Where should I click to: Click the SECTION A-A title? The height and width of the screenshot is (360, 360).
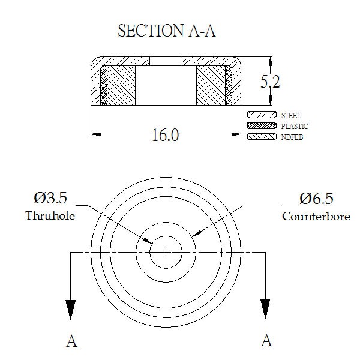coord(167,31)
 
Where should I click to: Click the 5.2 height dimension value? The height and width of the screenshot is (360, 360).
coord(270,82)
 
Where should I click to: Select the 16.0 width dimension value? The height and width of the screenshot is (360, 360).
coord(166,135)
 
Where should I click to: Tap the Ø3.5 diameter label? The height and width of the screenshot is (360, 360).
coord(50,198)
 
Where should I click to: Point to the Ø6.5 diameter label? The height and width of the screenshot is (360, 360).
coord(316,199)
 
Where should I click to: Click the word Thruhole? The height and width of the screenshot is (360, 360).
coord(50,215)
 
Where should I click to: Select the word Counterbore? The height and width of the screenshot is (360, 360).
coord(316,216)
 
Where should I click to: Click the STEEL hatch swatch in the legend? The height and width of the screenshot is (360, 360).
coord(262,115)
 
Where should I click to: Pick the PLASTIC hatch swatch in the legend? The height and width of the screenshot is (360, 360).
coord(262,125)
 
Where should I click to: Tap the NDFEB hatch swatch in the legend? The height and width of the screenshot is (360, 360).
coord(262,137)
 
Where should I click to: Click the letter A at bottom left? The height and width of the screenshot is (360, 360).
coord(71,341)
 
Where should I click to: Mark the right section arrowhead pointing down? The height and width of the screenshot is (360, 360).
coord(265,309)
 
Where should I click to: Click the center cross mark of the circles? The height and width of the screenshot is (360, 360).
coord(166,253)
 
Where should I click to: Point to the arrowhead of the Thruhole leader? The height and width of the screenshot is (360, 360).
coord(148,241)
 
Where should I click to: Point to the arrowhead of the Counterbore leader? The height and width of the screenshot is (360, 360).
coord(197,233)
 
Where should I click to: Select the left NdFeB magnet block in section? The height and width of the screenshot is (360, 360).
coord(121,86)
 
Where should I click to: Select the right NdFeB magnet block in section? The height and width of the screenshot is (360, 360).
coord(211,86)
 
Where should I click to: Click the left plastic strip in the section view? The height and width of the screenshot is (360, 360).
coord(104,86)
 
